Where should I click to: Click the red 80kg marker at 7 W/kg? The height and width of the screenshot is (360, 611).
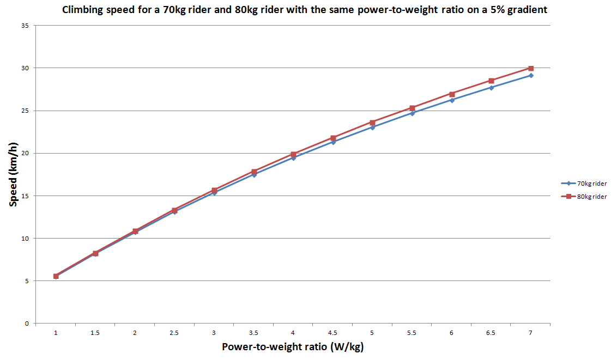531,68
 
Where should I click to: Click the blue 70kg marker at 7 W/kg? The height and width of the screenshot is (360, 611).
531,75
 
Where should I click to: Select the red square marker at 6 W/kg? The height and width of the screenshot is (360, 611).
452,94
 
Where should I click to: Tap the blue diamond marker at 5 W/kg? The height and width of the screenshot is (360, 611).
372,127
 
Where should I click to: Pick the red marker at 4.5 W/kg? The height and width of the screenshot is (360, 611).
333,138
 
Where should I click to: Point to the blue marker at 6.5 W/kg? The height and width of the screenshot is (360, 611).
491,87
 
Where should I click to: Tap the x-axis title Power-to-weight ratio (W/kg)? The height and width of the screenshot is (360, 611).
293,347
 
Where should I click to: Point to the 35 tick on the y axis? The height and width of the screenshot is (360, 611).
25,26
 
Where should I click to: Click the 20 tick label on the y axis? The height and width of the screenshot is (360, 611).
25,153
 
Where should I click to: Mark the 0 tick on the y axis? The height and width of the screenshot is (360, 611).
27,324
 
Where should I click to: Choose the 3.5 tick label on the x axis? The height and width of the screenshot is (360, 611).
253,332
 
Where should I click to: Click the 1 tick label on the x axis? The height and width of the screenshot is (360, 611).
56,332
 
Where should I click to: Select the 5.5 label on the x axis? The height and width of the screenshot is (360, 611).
412,332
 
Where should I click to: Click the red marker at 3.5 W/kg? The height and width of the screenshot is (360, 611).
254,172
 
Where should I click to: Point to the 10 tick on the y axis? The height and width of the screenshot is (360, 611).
25,239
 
